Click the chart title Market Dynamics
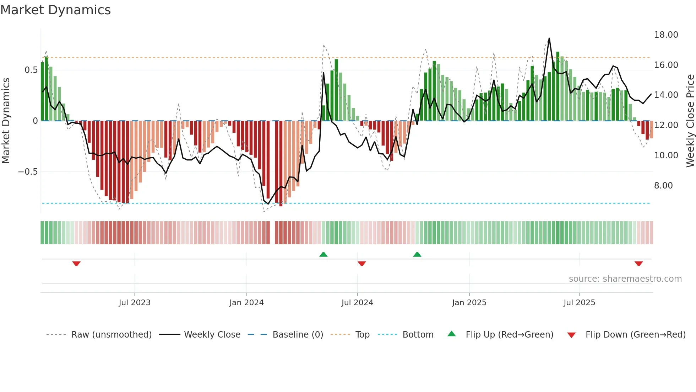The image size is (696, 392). (x=55, y=10)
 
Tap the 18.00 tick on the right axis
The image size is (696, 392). (x=666, y=35)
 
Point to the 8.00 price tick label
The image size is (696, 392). (x=663, y=186)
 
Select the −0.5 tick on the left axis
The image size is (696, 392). (x=28, y=172)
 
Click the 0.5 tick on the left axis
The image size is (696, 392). (x=31, y=70)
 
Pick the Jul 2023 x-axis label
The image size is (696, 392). (x=135, y=303)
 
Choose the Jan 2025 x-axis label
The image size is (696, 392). (x=469, y=303)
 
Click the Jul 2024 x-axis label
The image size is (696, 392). (x=357, y=303)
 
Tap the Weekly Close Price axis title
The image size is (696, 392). (x=690, y=121)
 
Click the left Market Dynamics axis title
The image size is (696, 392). (x=6, y=121)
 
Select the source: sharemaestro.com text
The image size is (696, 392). (x=625, y=279)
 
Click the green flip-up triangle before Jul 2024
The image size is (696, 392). (x=323, y=254)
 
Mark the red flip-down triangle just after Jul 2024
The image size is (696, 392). (x=361, y=264)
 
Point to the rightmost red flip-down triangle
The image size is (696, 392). (x=638, y=264)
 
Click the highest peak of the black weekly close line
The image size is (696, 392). (x=549, y=38)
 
